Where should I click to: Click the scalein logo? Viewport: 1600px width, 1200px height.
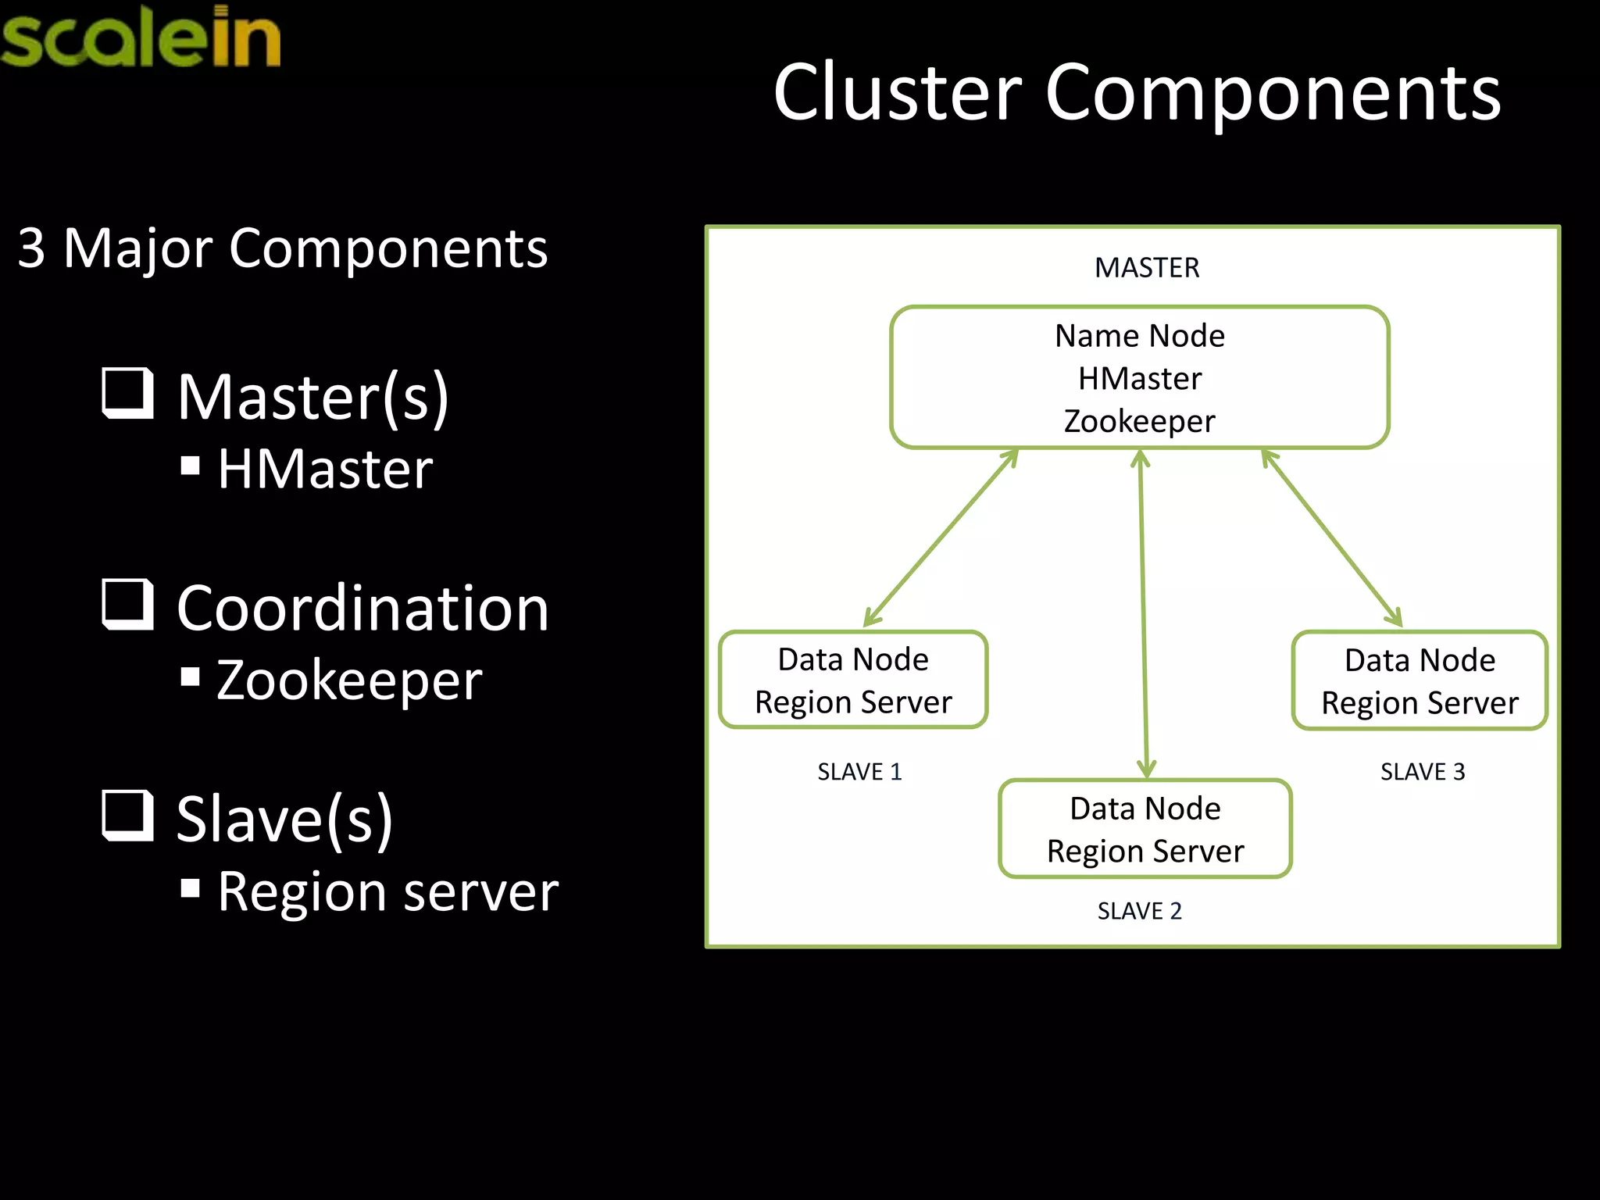pyautogui.click(x=141, y=37)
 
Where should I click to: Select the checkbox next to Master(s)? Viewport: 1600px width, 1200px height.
pyautogui.click(x=127, y=393)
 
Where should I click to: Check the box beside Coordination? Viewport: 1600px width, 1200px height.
pyautogui.click(x=127, y=604)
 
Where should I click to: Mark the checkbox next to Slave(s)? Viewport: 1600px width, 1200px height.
pyautogui.click(x=127, y=815)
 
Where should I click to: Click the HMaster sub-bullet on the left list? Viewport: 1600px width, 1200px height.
pyautogui.click(x=324, y=470)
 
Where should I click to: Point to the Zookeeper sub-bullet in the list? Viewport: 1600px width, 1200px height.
pyautogui.click(x=348, y=680)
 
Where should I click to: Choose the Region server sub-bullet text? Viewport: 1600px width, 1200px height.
pyautogui.click(x=387, y=891)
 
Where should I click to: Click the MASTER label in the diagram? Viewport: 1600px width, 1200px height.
pyautogui.click(x=1146, y=268)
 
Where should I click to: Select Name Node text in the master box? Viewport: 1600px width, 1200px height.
pyautogui.click(x=1139, y=336)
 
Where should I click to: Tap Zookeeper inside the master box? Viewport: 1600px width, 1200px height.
pyautogui.click(x=1139, y=422)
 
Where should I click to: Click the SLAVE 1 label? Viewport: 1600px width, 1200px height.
pyautogui.click(x=859, y=772)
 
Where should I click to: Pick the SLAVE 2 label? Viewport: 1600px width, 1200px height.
pyautogui.click(x=1139, y=911)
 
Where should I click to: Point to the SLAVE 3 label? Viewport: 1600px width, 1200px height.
pyautogui.click(x=1422, y=772)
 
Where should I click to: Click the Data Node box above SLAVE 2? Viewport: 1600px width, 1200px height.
pyautogui.click(x=1145, y=829)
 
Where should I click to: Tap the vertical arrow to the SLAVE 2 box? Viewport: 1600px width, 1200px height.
pyautogui.click(x=1143, y=613)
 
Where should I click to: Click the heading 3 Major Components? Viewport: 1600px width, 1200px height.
pyautogui.click(x=283, y=248)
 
